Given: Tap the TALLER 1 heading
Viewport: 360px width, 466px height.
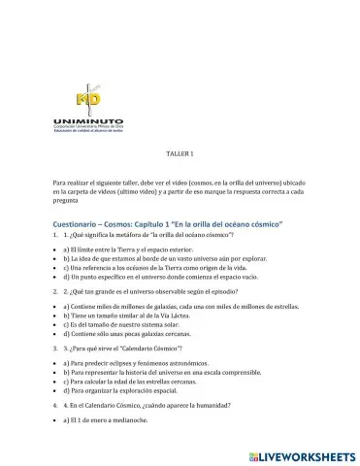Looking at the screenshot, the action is [180, 154].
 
